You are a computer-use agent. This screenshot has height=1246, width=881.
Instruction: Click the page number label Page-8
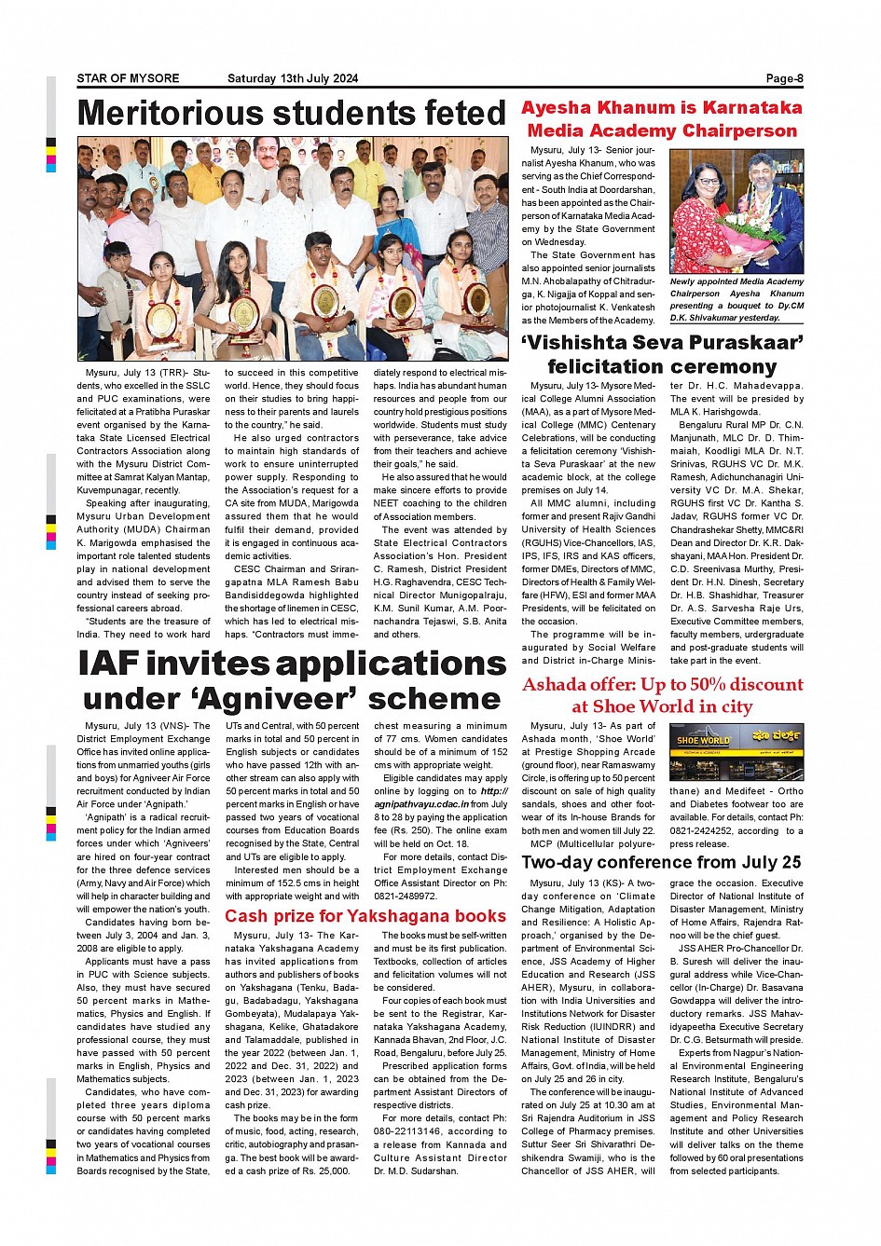[x=784, y=79]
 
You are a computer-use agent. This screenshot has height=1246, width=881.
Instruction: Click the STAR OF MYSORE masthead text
[x=128, y=79]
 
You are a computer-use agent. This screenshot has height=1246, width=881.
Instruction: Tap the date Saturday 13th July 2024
[x=292, y=79]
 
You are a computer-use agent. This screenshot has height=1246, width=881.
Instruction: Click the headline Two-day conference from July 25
[x=661, y=862]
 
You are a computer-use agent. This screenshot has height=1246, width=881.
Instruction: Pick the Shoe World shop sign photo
[x=736, y=751]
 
